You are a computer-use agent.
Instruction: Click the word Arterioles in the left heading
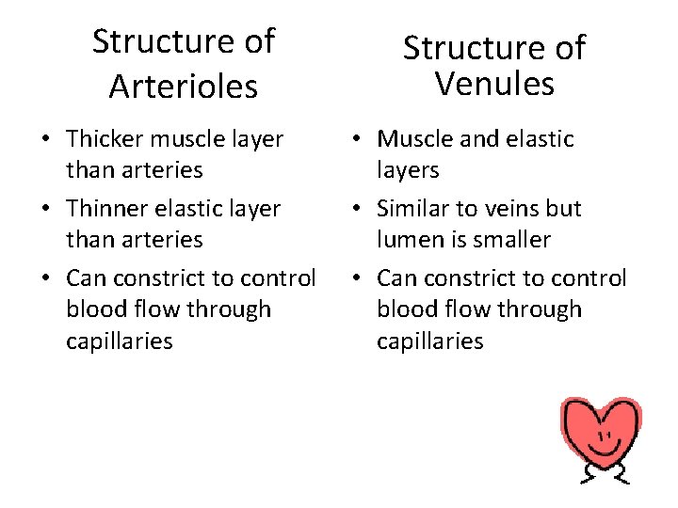pos(183,87)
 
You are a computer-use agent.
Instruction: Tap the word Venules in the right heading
pos(494,85)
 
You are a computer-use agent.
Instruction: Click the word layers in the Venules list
pos(408,170)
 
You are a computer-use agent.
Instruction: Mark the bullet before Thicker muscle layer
pos(45,140)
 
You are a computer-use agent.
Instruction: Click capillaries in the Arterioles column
pos(120,341)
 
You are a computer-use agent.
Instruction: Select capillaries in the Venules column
pos(430,341)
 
